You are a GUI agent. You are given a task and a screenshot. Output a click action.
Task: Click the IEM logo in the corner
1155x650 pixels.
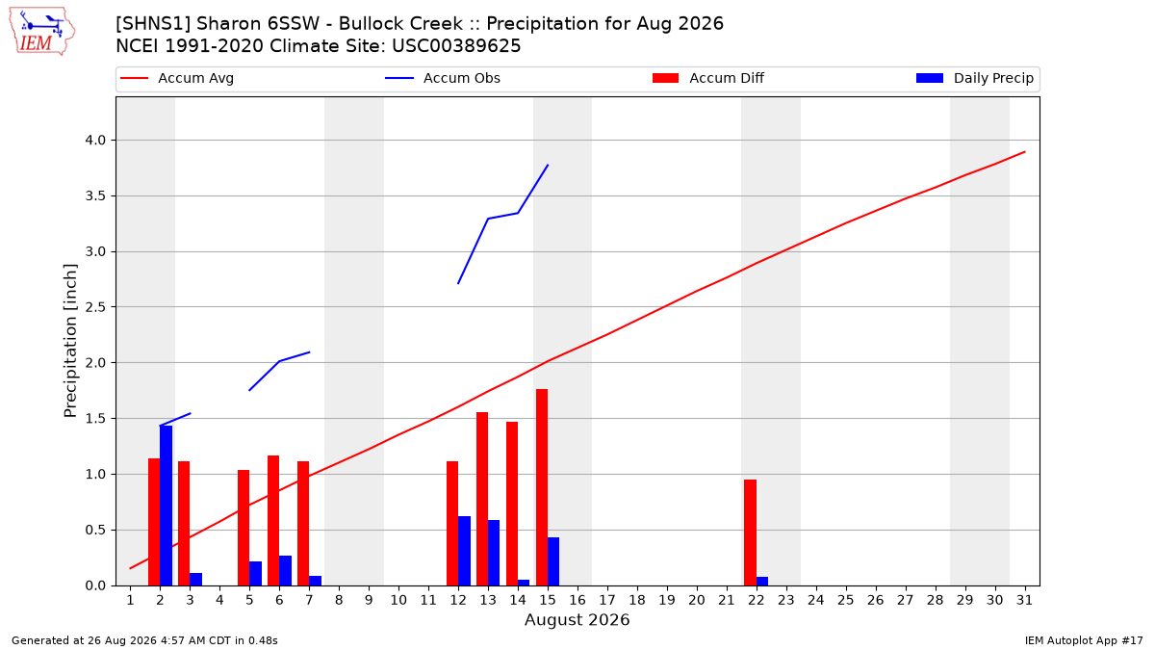[x=42, y=32]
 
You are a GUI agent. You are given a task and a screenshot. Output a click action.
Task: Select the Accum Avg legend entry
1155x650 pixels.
[x=177, y=78]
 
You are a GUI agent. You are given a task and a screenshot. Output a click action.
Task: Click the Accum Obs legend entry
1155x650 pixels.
[x=443, y=78]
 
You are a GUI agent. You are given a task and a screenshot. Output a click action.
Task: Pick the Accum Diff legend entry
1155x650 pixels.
[x=708, y=78]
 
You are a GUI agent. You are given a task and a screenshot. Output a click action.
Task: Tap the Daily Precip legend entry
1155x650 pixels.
[x=974, y=78]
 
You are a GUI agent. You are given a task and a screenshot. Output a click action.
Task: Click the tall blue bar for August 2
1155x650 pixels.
[x=166, y=506]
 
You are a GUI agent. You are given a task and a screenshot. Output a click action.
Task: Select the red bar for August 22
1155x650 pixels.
[x=750, y=533]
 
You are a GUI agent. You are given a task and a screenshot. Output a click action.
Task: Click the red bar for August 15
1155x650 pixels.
[x=542, y=487]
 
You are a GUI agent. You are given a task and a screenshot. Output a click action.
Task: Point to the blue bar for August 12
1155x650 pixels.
[x=464, y=551]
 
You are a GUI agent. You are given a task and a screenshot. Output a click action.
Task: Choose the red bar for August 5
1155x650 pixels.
[x=244, y=528]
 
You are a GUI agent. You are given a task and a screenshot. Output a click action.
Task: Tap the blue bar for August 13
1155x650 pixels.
[x=494, y=553]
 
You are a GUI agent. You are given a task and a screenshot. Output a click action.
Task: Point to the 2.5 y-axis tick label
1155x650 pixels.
[x=95, y=307]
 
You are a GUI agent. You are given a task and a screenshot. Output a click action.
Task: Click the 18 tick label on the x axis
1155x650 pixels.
[x=637, y=600]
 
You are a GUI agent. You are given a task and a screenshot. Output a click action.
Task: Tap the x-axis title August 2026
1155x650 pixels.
[x=577, y=619]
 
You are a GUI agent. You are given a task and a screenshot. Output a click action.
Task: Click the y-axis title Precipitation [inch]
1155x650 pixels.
[x=70, y=341]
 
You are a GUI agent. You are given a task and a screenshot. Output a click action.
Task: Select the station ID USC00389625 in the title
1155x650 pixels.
[x=456, y=46]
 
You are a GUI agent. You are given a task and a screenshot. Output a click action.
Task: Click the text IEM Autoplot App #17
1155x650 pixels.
[x=1084, y=640]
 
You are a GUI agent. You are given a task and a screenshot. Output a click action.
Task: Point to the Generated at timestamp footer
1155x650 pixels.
[x=144, y=640]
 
